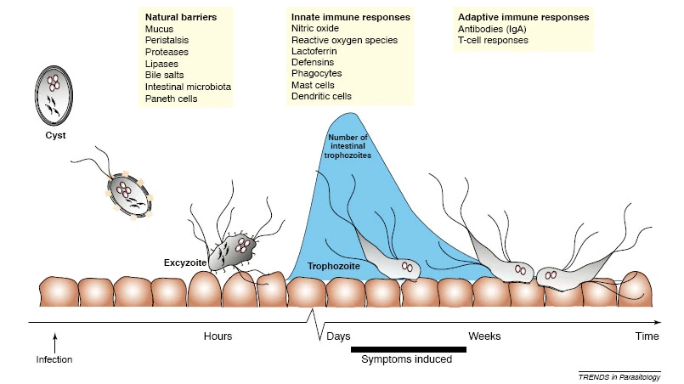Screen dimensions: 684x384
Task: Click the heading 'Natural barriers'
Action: pos(181,17)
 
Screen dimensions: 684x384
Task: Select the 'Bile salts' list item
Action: pos(165,75)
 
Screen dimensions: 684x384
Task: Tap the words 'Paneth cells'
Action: pos(171,99)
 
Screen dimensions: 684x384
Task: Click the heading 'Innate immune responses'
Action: pos(351,17)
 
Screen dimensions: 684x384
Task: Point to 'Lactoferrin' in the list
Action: pos(314,51)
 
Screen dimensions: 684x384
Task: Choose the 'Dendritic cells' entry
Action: pos(321,96)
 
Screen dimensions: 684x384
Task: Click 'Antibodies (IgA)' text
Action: pos(492,29)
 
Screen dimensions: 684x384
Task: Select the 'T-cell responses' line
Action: pos(493,40)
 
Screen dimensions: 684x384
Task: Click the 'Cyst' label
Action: pos(55,135)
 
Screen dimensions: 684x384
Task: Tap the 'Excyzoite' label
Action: pos(185,263)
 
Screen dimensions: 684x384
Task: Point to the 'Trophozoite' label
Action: pos(334,266)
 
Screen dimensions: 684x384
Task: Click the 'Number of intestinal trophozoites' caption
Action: pos(348,146)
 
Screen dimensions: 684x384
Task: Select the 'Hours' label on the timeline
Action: pos(218,336)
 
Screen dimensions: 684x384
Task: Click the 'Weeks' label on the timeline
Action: pos(484,336)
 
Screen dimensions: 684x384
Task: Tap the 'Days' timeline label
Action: pos(338,336)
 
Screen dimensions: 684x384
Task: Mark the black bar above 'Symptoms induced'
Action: pos(409,349)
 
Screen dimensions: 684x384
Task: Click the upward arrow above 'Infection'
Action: pos(55,343)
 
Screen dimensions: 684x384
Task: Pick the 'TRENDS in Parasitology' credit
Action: pos(619,377)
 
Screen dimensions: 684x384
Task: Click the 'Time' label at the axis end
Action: pos(647,336)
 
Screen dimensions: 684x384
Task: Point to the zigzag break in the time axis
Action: pos(317,325)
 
